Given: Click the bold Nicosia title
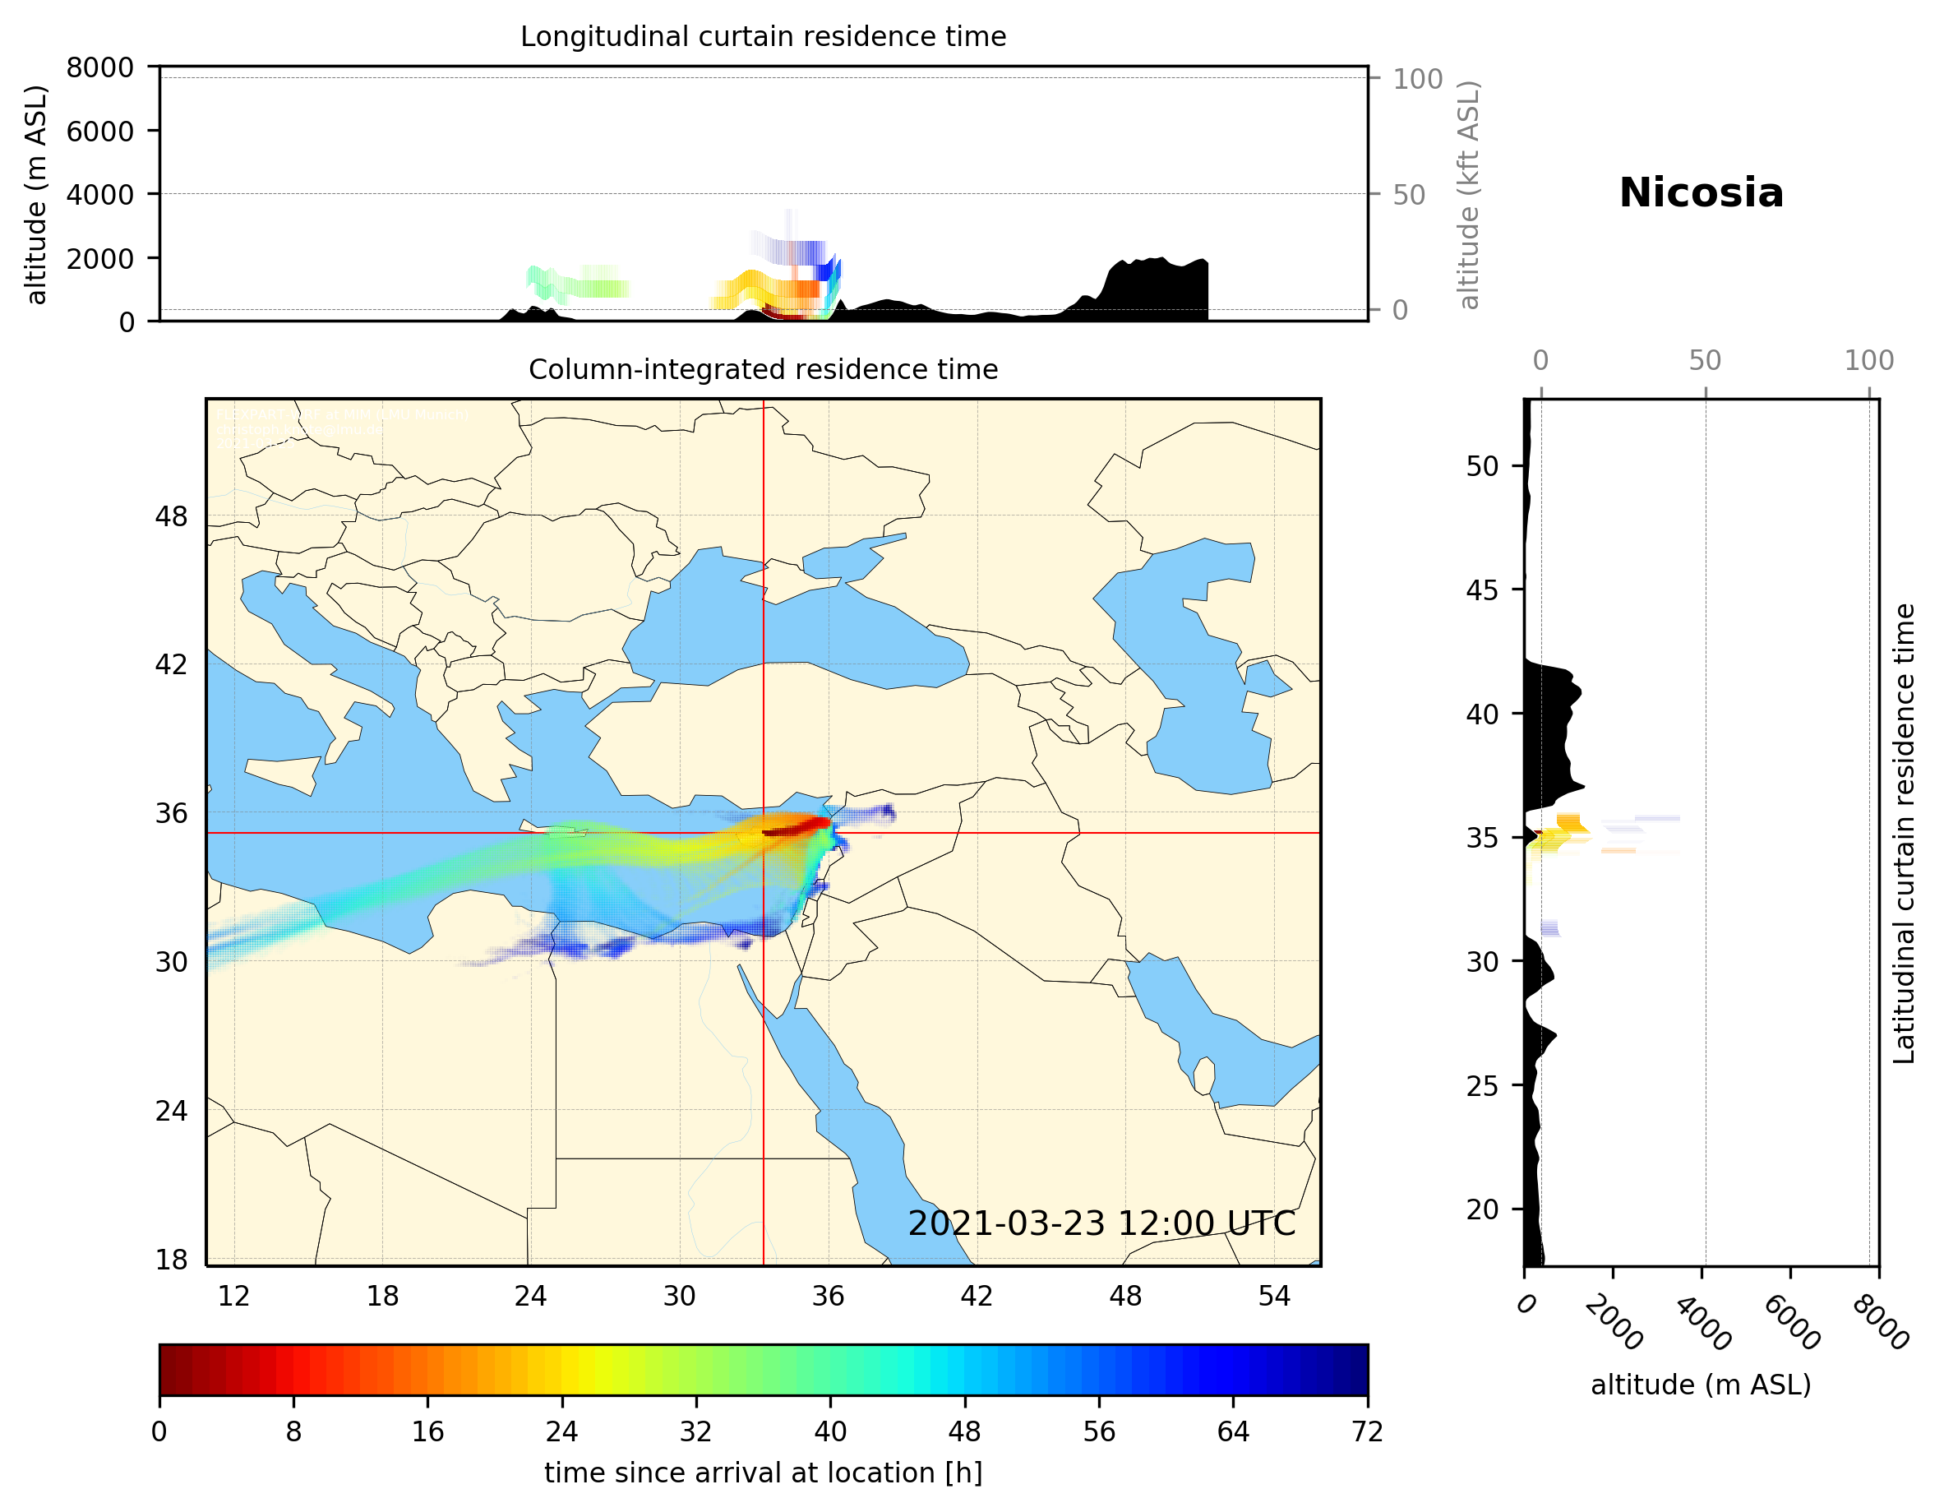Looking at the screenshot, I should [x=1701, y=193].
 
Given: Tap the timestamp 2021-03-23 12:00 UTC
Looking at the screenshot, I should [x=1101, y=1223].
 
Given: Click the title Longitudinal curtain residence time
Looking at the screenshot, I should [x=763, y=36].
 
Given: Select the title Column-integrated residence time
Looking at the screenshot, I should [x=763, y=369].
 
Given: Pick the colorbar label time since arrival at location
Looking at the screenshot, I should [x=763, y=1473].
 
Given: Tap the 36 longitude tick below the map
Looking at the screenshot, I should [x=828, y=1296].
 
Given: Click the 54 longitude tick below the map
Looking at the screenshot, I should [x=1274, y=1296].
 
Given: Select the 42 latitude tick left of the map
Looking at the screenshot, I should [x=172, y=664].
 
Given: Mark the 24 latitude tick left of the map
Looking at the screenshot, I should [x=172, y=1111].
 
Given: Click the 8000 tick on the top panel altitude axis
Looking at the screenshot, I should [x=99, y=67].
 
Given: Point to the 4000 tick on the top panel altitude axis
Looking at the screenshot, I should [x=99, y=194].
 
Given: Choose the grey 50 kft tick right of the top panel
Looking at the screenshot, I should [x=1409, y=195].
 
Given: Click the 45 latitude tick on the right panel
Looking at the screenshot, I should [x=1482, y=590].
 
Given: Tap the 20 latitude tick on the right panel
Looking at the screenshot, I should [x=1482, y=1209].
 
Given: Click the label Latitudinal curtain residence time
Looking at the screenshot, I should [x=1903, y=834].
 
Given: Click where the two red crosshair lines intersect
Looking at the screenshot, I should [x=764, y=833].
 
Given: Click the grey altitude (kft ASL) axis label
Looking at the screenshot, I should [x=1469, y=195].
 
